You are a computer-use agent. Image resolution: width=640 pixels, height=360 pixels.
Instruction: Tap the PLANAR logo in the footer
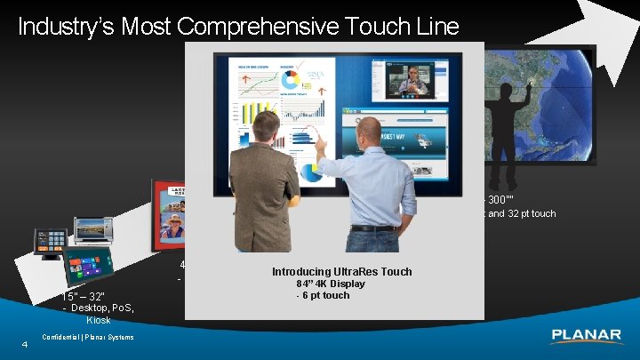click(586, 336)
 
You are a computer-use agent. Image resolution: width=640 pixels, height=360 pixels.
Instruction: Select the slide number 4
click(26, 345)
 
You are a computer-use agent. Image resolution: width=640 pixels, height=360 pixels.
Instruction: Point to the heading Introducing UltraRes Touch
click(341, 271)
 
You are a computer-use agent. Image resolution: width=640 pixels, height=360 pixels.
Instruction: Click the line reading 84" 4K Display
click(330, 284)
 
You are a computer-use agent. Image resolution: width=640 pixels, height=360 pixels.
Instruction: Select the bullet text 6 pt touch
click(325, 295)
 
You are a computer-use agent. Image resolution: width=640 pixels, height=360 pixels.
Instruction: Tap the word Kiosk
click(99, 320)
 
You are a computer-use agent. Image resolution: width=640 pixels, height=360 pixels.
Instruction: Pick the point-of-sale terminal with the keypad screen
click(52, 240)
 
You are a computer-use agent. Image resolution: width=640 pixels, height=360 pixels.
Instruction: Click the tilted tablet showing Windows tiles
click(88, 266)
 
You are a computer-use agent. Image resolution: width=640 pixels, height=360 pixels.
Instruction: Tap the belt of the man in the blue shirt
click(372, 228)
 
